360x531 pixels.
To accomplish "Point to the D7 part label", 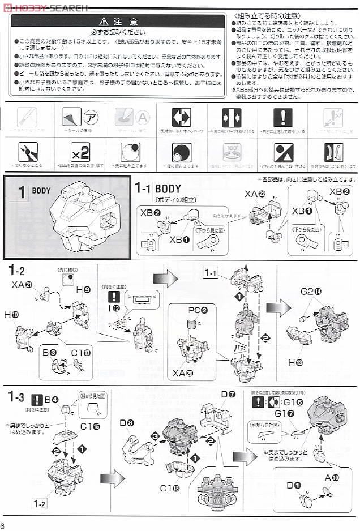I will click(228, 394).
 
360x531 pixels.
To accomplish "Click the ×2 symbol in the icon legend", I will click(80, 152).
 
